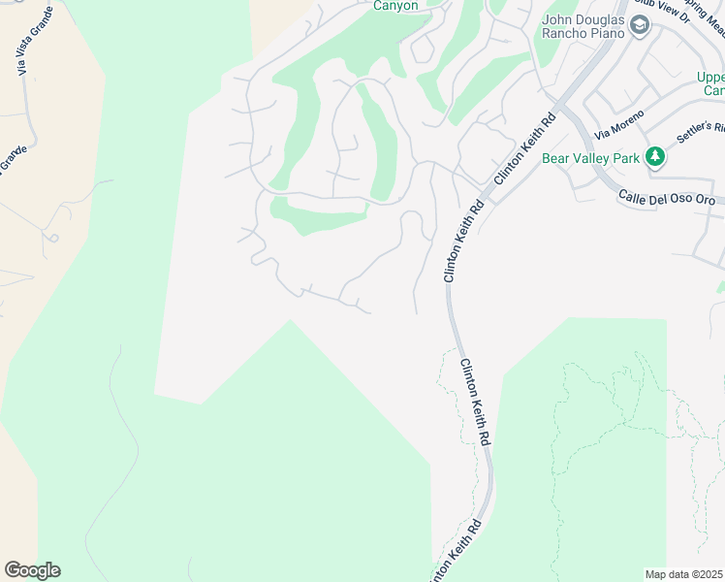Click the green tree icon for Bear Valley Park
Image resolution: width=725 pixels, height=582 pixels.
click(656, 156)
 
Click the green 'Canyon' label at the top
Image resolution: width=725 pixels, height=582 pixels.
click(396, 5)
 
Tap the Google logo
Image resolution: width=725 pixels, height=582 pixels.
click(32, 570)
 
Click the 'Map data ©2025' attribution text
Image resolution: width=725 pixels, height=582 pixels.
click(683, 574)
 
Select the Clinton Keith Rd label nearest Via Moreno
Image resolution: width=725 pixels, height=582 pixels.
click(524, 148)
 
